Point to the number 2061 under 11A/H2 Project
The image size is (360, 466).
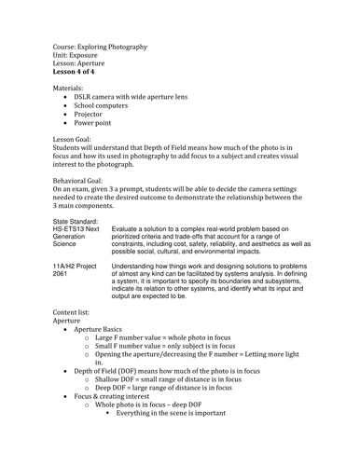[61, 274]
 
